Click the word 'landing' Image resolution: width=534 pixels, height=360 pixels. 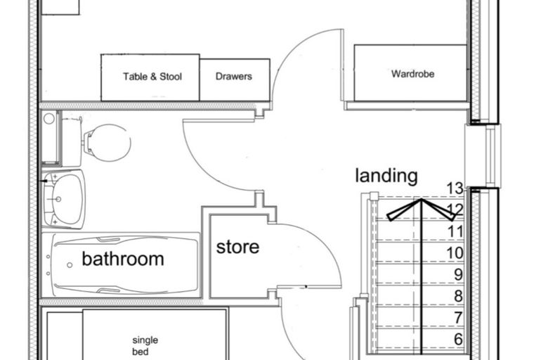[x=386, y=176]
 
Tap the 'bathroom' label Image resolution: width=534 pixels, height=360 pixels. [x=123, y=259]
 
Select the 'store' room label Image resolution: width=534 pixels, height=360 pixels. [x=237, y=247]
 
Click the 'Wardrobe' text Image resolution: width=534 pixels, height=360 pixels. [x=412, y=74]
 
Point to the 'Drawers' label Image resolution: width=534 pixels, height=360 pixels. [x=233, y=76]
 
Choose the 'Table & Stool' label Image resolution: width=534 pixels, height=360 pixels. [x=152, y=77]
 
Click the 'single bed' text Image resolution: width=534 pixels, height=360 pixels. [x=145, y=346]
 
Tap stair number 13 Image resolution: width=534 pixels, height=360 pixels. [x=455, y=188]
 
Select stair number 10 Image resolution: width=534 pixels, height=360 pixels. [x=455, y=253]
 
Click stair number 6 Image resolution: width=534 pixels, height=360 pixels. [x=459, y=339]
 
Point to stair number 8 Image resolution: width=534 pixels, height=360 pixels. [x=459, y=296]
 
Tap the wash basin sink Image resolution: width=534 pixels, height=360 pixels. [x=64, y=200]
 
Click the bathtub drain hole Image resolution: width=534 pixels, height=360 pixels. [x=70, y=265]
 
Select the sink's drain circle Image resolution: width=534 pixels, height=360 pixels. [x=58, y=199]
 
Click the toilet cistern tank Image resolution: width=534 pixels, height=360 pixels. [x=72, y=141]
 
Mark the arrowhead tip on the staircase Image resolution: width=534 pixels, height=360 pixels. [x=422, y=199]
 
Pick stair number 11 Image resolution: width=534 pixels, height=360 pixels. [x=455, y=231]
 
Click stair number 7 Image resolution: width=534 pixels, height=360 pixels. [x=459, y=317]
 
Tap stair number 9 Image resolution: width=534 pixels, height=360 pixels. [x=459, y=274]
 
